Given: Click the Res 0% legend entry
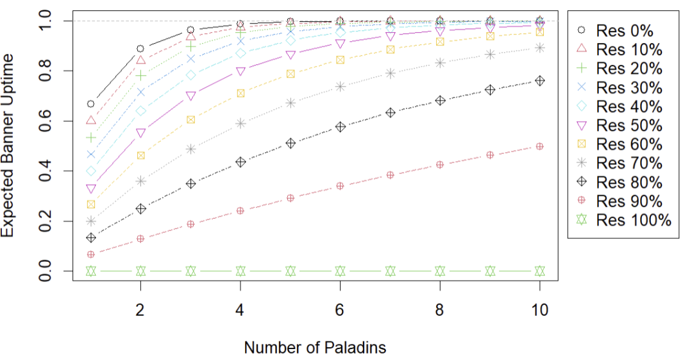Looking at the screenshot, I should coord(616,30).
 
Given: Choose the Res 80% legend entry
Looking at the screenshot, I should coord(616,183).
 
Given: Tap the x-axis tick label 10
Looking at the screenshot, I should coord(540,310).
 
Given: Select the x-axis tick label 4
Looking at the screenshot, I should coord(240,310).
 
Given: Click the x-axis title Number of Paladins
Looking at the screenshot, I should coord(315,348).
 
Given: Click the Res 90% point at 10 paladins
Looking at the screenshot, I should coord(540,146).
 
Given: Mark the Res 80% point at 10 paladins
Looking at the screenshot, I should coord(540,81).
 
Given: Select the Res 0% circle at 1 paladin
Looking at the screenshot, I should coord(91,104).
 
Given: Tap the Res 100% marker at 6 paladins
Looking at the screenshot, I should coord(340,271).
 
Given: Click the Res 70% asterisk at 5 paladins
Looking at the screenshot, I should coord(291,103).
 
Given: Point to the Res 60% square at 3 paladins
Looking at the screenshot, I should coord(190,119).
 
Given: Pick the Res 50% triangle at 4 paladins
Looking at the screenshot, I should coord(240,71).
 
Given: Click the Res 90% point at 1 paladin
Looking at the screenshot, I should coord(91,254).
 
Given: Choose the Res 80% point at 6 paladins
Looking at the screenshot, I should coord(340,127).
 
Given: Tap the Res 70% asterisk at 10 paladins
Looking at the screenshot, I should coord(540,48).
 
